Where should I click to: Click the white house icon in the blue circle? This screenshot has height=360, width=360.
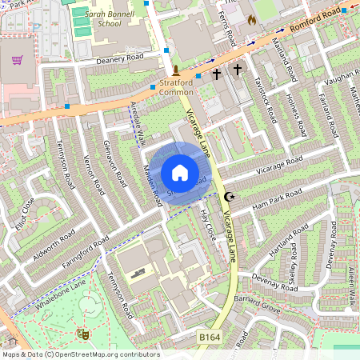click(x=180, y=172)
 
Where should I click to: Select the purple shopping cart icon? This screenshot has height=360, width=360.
click(x=18, y=60)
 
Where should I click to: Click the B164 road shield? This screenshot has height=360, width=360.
click(x=208, y=338)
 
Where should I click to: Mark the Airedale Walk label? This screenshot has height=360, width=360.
click(x=136, y=124)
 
